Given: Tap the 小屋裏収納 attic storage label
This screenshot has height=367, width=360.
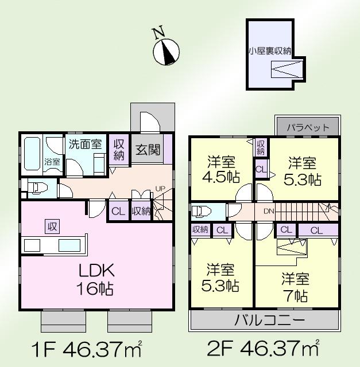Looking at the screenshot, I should [269, 51].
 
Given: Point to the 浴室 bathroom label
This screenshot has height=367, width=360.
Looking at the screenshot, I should [52, 162].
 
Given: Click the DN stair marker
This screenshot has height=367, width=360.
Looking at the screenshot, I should [268, 211].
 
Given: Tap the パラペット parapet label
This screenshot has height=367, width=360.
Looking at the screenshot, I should [308, 127].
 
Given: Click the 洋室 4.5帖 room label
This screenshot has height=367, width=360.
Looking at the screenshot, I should [221, 169].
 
